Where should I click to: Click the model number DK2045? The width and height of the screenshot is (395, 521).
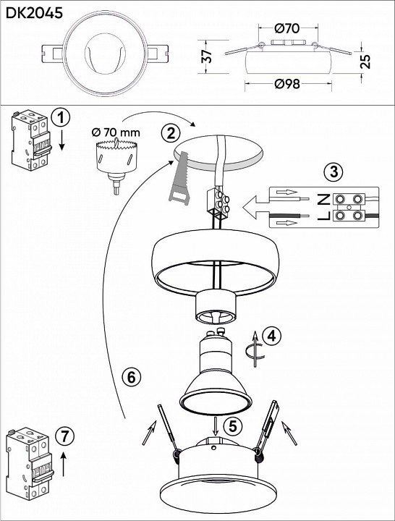[x=34, y=13]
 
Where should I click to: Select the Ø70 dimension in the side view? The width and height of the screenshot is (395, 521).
[x=287, y=28]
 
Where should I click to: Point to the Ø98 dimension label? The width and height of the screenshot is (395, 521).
[x=287, y=84]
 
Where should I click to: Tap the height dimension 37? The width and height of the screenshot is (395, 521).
[x=207, y=56]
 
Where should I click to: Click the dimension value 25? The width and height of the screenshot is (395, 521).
[x=365, y=61]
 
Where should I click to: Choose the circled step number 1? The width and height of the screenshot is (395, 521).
[x=61, y=118]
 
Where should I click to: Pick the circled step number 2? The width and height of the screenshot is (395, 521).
[x=171, y=133]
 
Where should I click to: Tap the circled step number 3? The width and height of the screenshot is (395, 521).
[x=334, y=172]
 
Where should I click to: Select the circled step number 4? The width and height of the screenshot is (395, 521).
[x=272, y=336]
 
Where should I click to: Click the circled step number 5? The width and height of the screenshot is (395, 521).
[x=232, y=426]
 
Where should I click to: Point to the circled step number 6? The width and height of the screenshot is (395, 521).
[x=131, y=377]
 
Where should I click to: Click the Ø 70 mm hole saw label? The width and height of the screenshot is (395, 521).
[x=116, y=132]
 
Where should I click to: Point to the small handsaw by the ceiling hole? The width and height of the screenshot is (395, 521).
[x=179, y=177]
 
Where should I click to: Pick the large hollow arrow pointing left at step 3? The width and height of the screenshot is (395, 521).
[x=256, y=208]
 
